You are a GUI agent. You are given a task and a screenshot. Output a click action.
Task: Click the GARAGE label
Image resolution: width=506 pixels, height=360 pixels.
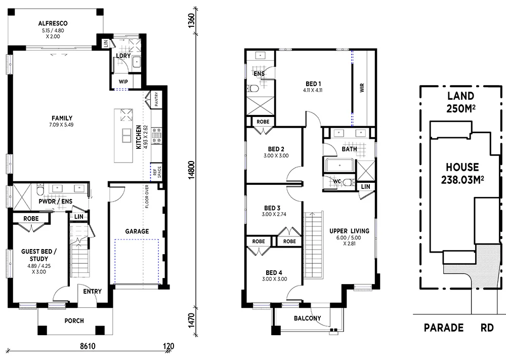tap(137, 231)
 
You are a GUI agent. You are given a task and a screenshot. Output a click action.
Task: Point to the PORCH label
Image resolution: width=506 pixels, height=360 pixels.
tap(74, 321)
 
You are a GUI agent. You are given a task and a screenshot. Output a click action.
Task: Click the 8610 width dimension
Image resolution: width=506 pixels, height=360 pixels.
tap(89, 347)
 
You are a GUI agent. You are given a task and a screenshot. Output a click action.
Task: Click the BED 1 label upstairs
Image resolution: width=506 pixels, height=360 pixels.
tap(313, 84)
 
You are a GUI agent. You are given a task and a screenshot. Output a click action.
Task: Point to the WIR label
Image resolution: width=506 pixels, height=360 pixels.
tap(362, 88)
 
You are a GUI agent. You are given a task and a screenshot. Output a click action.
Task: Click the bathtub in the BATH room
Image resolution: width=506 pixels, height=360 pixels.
tap(339, 166)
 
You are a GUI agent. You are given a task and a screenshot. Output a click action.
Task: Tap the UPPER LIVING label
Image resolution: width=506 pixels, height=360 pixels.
tap(349, 231)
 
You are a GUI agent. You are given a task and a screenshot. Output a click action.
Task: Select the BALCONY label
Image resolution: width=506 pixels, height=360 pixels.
tap(308, 318)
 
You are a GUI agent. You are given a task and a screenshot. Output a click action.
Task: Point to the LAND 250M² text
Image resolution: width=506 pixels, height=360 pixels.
tap(460, 102)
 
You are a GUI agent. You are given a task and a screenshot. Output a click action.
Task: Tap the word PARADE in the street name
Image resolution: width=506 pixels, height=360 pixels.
tap(443, 328)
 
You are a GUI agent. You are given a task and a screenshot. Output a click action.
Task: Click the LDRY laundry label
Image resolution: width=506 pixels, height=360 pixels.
tap(123, 56)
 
